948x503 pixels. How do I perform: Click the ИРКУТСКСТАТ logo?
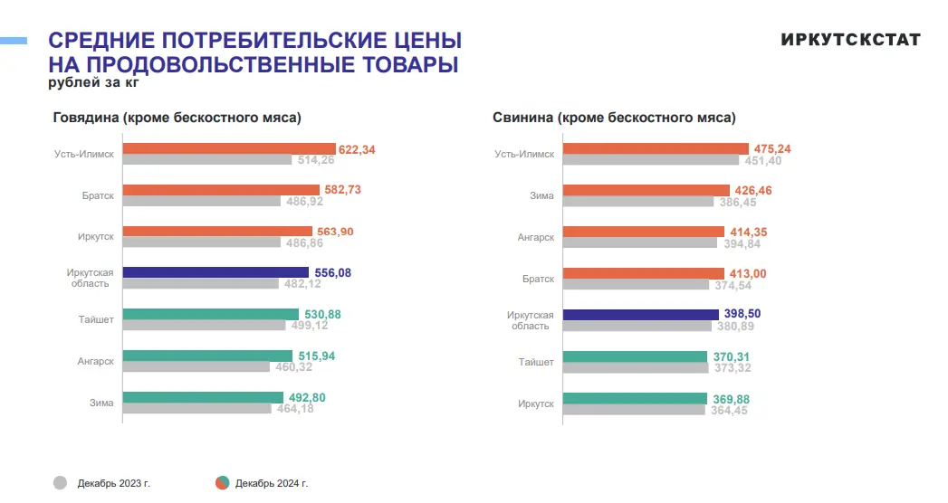coord(850,40)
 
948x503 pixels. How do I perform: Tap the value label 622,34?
coord(357,149)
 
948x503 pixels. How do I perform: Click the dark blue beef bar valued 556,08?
coord(215,272)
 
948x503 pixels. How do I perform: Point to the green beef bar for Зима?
coord(203,397)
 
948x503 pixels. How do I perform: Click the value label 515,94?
coord(316,356)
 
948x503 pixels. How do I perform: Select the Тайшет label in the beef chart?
coord(95,318)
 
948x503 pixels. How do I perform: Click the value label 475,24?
coord(773,149)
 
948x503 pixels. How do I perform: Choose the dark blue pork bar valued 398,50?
coord(641,315)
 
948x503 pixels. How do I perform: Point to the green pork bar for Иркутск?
coord(635,398)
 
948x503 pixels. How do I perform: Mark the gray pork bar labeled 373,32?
coord(636,367)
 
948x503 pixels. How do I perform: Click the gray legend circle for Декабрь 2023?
coord(61,483)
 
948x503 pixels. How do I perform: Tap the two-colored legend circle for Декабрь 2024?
coord(222,483)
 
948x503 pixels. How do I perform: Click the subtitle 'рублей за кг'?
coord(93,83)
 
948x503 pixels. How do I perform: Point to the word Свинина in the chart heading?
coord(522,118)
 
